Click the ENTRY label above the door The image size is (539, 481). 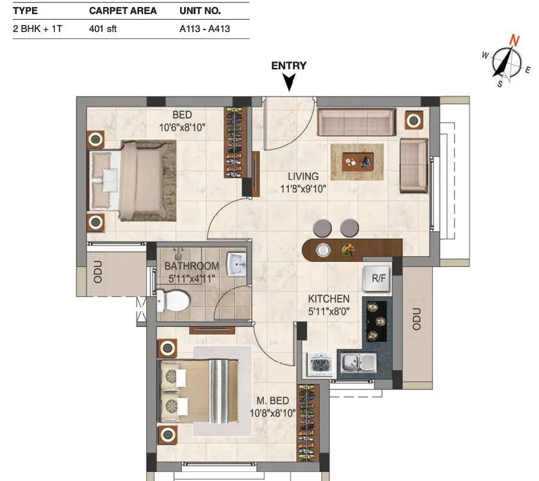coord(288,65)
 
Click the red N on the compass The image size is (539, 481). coord(514,40)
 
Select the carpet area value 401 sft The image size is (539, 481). coord(103,29)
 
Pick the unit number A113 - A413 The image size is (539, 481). coord(204,29)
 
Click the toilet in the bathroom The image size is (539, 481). coord(174,300)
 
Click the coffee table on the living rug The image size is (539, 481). coord(357,161)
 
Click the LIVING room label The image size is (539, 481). coord(303,177)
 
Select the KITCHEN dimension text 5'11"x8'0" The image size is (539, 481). coord(329,311)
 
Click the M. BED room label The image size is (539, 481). coord(274,401)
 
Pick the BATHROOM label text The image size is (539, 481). coord(191,266)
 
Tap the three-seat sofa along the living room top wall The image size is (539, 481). coord(356,122)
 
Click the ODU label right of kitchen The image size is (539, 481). coord(417,318)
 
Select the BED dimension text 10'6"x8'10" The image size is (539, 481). coord(182,127)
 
